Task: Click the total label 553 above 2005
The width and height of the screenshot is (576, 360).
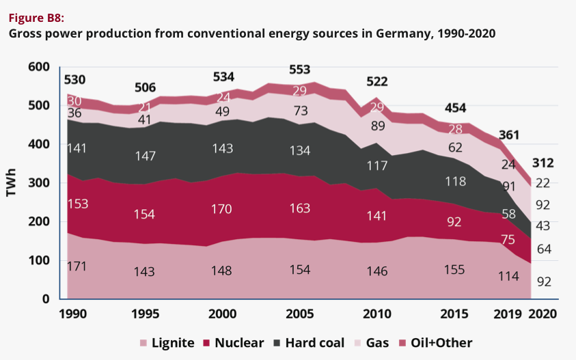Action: (x=299, y=69)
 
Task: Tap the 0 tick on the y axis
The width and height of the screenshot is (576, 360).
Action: (x=46, y=299)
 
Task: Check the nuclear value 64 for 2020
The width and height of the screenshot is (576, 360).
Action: (x=544, y=249)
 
